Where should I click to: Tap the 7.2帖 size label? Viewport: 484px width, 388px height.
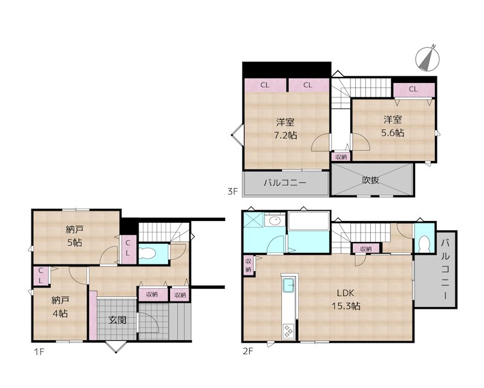286,136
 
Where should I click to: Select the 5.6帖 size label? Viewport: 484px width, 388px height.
393,133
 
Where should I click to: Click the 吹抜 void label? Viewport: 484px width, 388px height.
370,180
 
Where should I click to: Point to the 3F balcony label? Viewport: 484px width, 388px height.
285,183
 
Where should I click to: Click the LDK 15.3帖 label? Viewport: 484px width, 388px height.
345,300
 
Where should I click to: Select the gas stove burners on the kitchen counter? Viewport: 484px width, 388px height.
289,330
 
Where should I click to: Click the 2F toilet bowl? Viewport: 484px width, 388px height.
425,244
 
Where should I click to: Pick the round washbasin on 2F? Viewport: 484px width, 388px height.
275,221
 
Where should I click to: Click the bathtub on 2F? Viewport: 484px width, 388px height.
309,221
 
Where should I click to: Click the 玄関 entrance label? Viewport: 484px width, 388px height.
117,320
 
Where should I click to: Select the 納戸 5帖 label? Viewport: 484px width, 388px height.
74,236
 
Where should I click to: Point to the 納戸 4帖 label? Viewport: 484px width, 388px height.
60,307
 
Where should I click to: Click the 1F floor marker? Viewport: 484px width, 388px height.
39,352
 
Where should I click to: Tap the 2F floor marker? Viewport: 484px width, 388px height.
248,351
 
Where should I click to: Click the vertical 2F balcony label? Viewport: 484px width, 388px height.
445,269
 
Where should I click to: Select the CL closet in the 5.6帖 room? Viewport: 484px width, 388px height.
414,90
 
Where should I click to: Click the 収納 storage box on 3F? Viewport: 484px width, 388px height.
341,157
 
